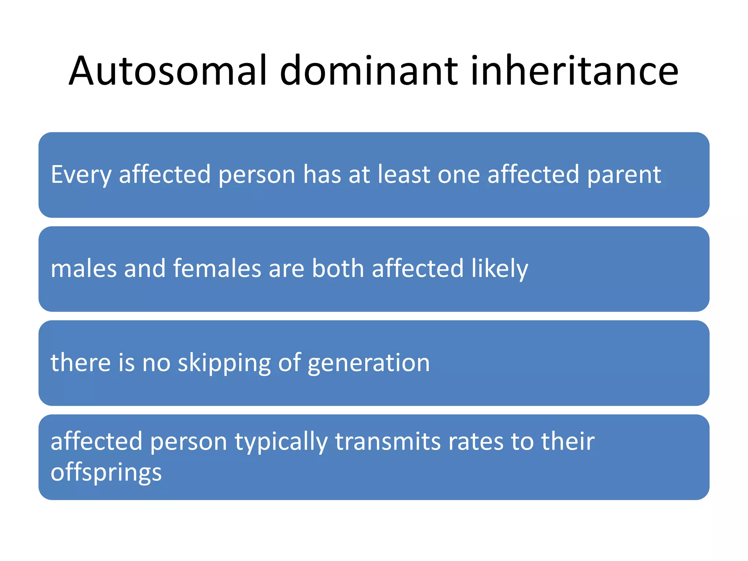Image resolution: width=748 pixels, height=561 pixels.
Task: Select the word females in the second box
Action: click(217, 268)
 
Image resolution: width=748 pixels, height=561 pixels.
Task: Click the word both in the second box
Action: click(338, 268)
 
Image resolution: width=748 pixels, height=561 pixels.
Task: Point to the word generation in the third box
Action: click(369, 363)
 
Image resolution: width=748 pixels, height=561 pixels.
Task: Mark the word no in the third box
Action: click(156, 363)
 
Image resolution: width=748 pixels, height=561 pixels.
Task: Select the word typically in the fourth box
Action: click(281, 442)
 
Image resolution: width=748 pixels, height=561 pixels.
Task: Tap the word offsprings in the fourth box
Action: click(106, 473)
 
